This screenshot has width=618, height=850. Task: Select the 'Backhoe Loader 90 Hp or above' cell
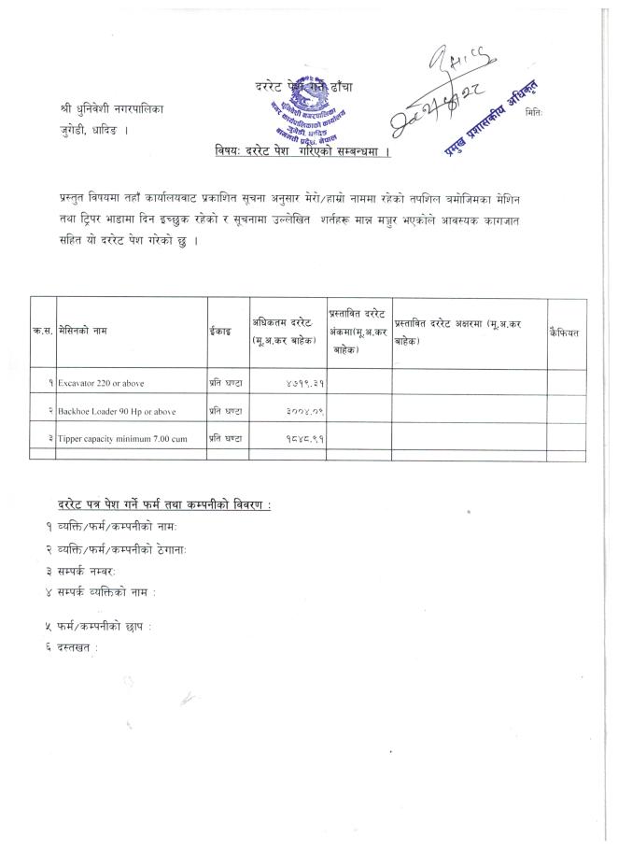[117, 411]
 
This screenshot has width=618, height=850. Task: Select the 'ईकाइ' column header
[219, 332]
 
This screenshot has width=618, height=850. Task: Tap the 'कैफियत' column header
[566, 332]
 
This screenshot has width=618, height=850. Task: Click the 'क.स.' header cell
[43, 332]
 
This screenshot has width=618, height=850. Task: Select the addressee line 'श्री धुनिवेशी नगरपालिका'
[110, 108]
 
